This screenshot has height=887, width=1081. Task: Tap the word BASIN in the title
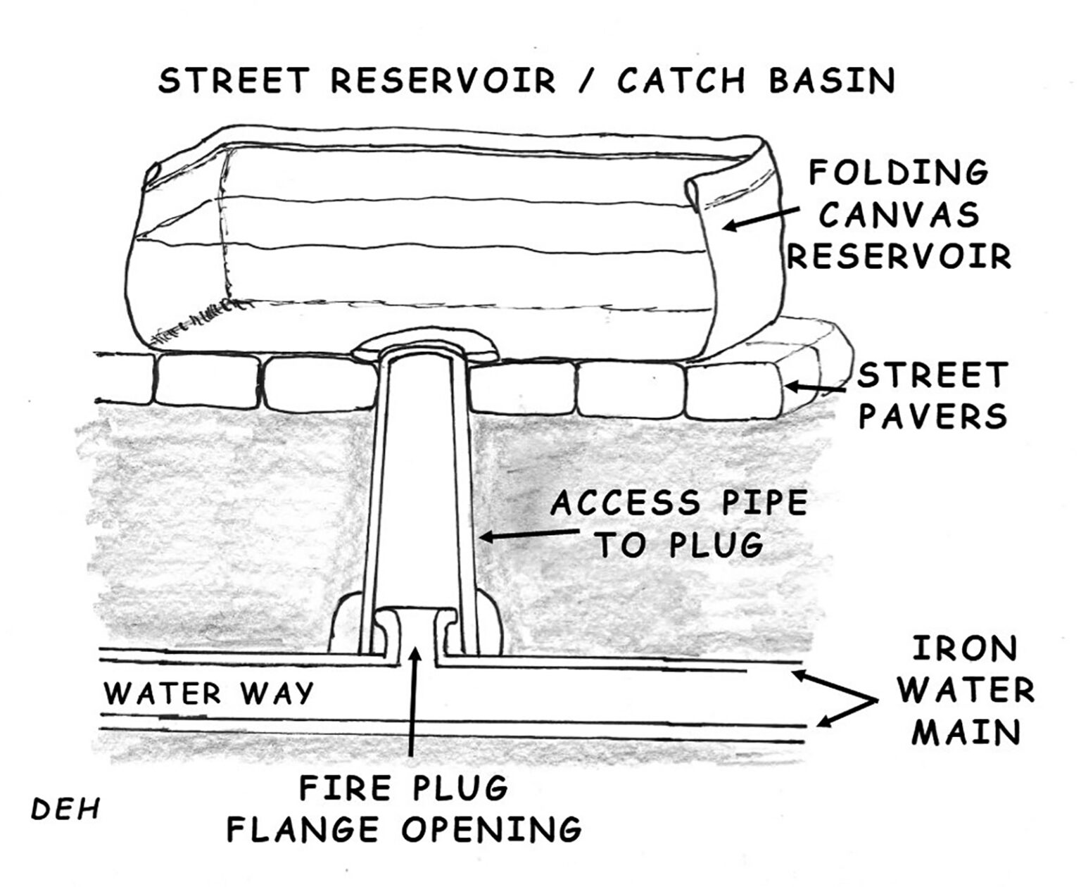832,80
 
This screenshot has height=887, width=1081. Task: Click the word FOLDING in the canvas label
899,172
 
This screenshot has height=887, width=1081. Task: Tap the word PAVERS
933,417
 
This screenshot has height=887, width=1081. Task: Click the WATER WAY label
208,693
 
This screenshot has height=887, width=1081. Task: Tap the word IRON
965,649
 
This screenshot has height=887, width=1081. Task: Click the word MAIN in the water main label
966,734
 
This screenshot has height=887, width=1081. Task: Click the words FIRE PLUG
404,787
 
